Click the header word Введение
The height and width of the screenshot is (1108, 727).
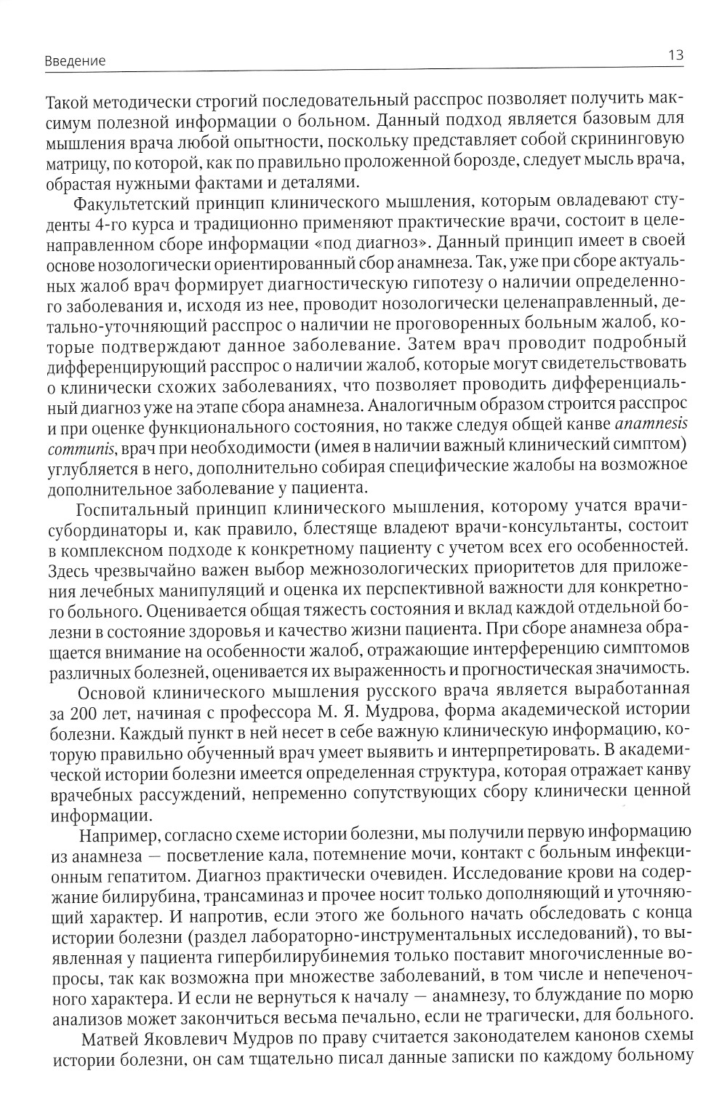pos(75,61)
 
